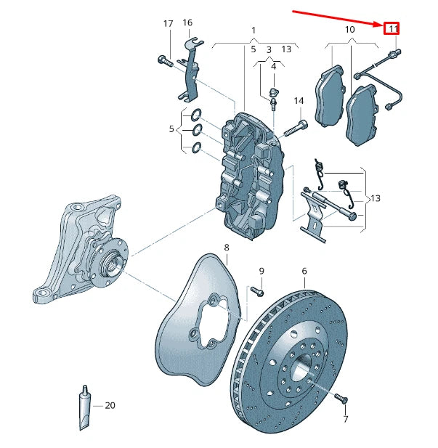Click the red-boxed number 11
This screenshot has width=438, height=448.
(392, 28)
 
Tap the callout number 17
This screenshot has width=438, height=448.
(168, 23)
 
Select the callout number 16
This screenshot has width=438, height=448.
(187, 23)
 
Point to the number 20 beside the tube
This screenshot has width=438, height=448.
(110, 405)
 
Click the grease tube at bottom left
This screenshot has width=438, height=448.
(85, 408)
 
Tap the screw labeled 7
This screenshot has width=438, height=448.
(341, 398)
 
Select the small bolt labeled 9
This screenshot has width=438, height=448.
(257, 291)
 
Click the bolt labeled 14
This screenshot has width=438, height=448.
(296, 129)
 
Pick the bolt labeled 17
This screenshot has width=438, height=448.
(166, 61)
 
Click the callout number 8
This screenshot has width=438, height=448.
(227, 248)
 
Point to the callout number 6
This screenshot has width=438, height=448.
(304, 271)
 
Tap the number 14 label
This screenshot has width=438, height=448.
(299, 101)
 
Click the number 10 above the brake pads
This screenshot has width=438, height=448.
(350, 30)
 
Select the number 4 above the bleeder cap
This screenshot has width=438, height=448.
(274, 67)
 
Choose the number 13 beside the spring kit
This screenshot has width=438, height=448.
(375, 198)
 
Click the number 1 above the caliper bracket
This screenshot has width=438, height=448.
(254, 30)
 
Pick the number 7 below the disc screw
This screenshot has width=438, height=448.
(346, 419)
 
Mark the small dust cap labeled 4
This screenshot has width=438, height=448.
(274, 92)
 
